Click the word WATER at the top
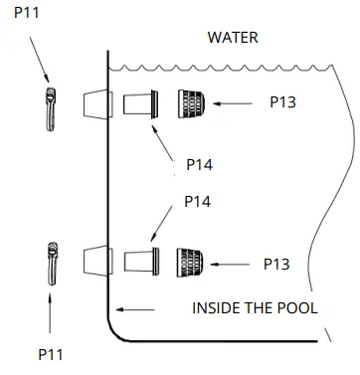pyautogui.click(x=233, y=38)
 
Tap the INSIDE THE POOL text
pyautogui.click(x=255, y=308)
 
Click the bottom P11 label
pyautogui.click(x=52, y=353)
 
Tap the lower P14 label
pyautogui.click(x=198, y=201)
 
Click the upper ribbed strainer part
pyautogui.click(x=191, y=102)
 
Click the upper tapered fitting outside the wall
pyautogui.click(x=95, y=103)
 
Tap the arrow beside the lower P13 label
pyautogui.click(x=235, y=264)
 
